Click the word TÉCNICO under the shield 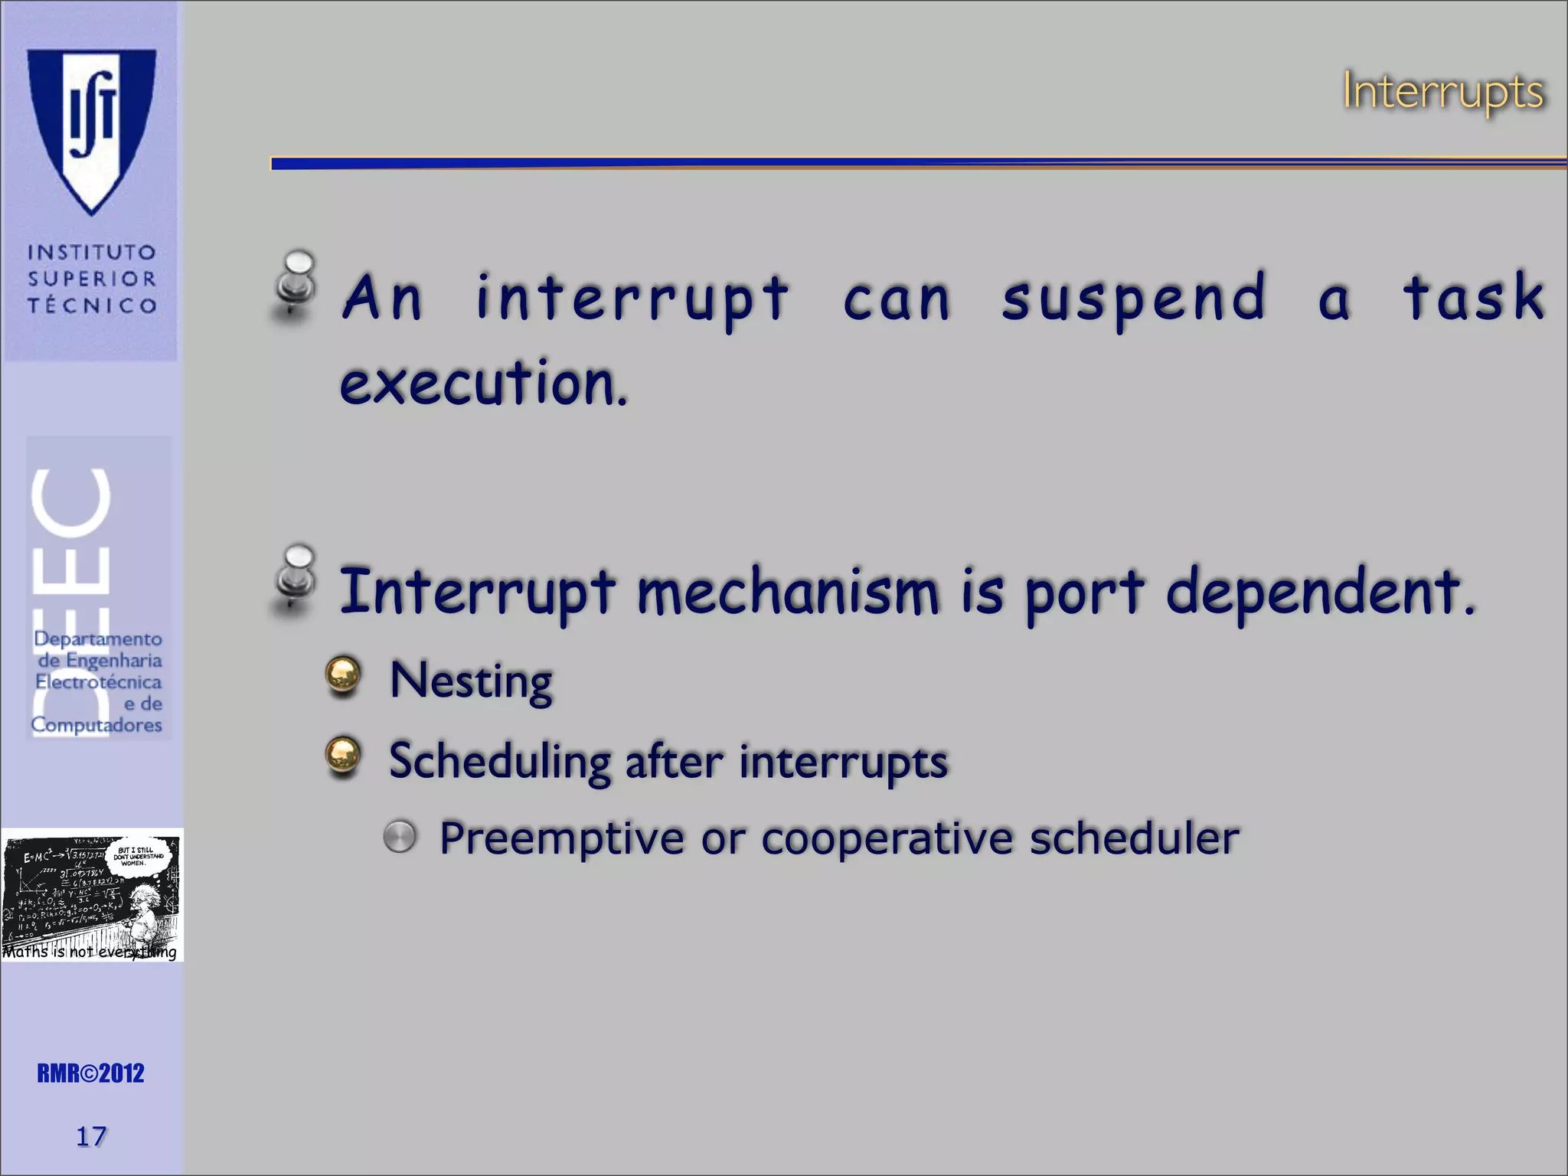tap(92, 305)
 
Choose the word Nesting tap(470, 681)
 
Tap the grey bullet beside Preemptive tap(400, 837)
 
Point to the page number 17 tap(90, 1136)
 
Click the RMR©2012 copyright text tap(90, 1073)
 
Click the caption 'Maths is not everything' tap(90, 952)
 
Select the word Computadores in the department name tap(96, 724)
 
